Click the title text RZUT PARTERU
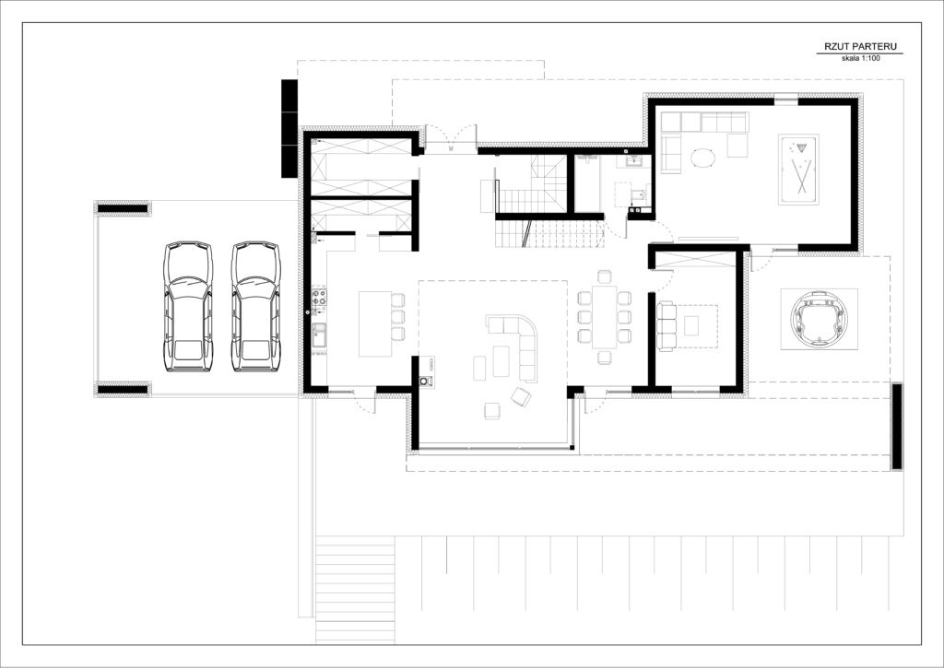coord(859,46)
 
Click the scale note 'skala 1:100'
coord(860,58)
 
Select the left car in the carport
coord(188,306)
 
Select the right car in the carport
coord(256,306)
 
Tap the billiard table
coord(798,169)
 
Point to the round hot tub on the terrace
coord(819,318)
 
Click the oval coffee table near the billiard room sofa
coord(702,158)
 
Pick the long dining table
coord(605,316)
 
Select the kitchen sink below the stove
coord(319,335)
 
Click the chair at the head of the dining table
coord(605,276)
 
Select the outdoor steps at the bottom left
coord(355,589)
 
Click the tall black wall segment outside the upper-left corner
coord(289,128)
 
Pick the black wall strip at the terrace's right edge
coord(896,426)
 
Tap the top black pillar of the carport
coord(123,208)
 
